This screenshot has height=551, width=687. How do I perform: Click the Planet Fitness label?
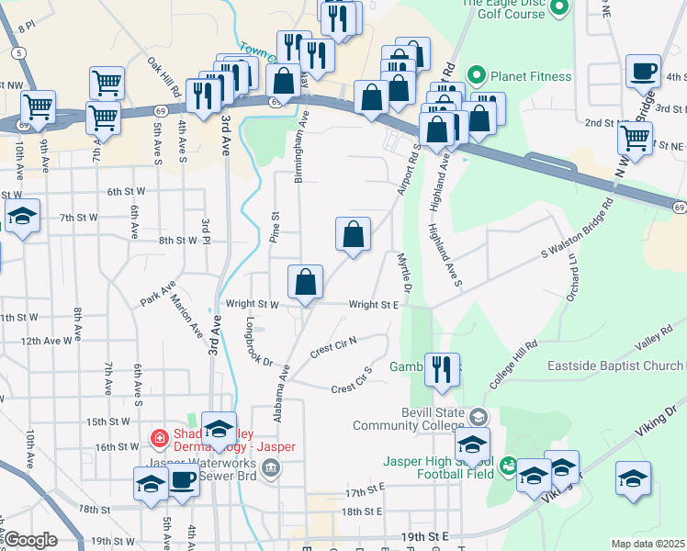pos(531,76)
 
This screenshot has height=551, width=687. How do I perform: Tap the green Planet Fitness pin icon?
pos(477,75)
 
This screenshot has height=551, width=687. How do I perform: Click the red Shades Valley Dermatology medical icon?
pos(160,439)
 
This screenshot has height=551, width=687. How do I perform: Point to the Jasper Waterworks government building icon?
pos(271,469)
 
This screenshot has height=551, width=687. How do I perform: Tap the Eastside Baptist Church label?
pos(614,365)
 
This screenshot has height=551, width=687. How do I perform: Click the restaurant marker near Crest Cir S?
pos(443,370)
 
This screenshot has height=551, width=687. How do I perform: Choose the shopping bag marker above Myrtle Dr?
pos(353,234)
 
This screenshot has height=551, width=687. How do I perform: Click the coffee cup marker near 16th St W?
pos(183,481)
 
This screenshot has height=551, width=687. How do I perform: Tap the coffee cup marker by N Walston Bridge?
pos(643,72)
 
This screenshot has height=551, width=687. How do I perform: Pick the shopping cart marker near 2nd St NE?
pos(635,138)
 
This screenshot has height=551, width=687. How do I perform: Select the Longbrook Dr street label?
pos(260,342)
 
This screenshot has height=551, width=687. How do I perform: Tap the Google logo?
pos(31,540)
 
